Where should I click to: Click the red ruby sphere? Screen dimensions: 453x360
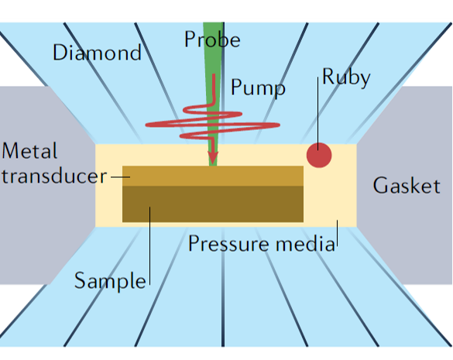(319, 155)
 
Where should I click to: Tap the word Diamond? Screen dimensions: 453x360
(97, 53)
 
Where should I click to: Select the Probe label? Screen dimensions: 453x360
(212, 39)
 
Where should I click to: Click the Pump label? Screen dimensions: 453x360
(258, 87)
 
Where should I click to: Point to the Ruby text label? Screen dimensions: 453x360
(346, 77)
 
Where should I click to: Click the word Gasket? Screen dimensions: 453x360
(407, 186)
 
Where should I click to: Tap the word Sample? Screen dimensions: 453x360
(110, 281)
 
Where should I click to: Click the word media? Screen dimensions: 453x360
(305, 244)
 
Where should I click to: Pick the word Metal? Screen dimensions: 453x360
(29, 150)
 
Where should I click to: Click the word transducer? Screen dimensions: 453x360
(54, 176)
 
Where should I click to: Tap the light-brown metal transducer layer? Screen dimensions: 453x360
(213, 176)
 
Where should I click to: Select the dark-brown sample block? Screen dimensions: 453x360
(213, 204)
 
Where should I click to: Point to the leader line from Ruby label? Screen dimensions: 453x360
(317, 114)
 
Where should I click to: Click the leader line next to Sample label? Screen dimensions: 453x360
(149, 246)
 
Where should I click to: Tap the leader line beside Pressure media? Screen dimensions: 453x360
(337, 234)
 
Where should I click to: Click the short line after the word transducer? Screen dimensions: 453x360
(121, 177)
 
